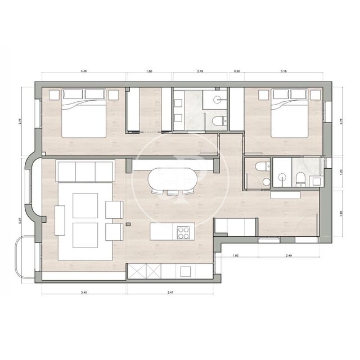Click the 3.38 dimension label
tap(84, 71)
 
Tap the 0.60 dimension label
tap(237, 71)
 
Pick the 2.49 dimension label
tap(289, 256)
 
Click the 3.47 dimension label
tap(170, 292)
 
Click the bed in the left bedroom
tap(84, 114)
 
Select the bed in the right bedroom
tap(290, 114)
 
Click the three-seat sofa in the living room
tap(85, 171)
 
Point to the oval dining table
tap(173, 181)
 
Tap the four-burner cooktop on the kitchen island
tap(184, 231)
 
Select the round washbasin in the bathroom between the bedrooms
tap(217, 100)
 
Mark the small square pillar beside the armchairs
tap(129, 224)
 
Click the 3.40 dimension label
tap(84, 292)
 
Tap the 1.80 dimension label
tap(149, 71)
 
